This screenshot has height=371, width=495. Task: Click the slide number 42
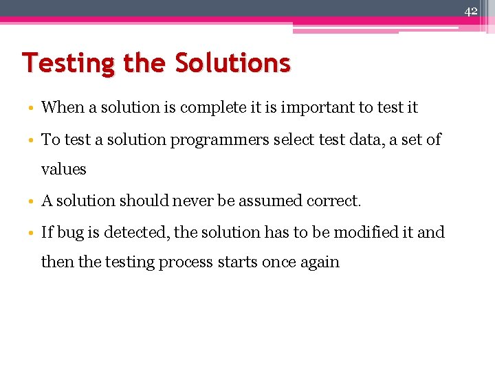[x=471, y=11]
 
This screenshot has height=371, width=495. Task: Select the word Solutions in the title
[x=232, y=63]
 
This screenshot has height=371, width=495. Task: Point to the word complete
[x=217, y=108]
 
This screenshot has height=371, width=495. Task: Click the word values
[x=64, y=169]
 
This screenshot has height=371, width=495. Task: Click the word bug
[x=70, y=232]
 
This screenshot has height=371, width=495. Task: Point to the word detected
[x=140, y=232]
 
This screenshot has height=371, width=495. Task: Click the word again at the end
[x=319, y=262]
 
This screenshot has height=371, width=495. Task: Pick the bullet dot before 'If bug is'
[x=34, y=233]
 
